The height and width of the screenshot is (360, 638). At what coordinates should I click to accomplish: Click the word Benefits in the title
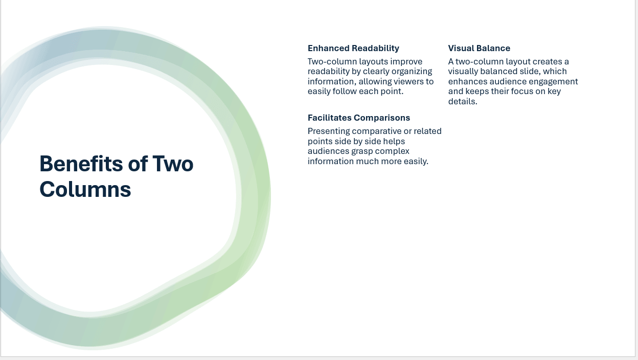coord(81,164)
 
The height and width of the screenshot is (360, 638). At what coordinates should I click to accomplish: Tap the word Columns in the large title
coord(85,189)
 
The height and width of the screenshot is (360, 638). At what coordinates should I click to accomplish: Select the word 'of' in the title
coord(138,164)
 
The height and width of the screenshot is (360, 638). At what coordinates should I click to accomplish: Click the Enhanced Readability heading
coord(353,49)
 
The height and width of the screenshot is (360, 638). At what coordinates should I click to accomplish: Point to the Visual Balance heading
coord(479,49)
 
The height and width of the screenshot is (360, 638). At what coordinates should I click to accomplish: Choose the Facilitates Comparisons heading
coord(358,118)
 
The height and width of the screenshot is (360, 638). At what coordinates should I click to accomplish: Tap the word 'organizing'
coord(412,72)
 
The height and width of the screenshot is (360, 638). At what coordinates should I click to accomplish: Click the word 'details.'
coord(463,102)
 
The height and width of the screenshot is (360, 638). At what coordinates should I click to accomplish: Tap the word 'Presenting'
coord(329,131)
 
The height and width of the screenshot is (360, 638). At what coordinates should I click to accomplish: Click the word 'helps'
coord(394,142)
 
